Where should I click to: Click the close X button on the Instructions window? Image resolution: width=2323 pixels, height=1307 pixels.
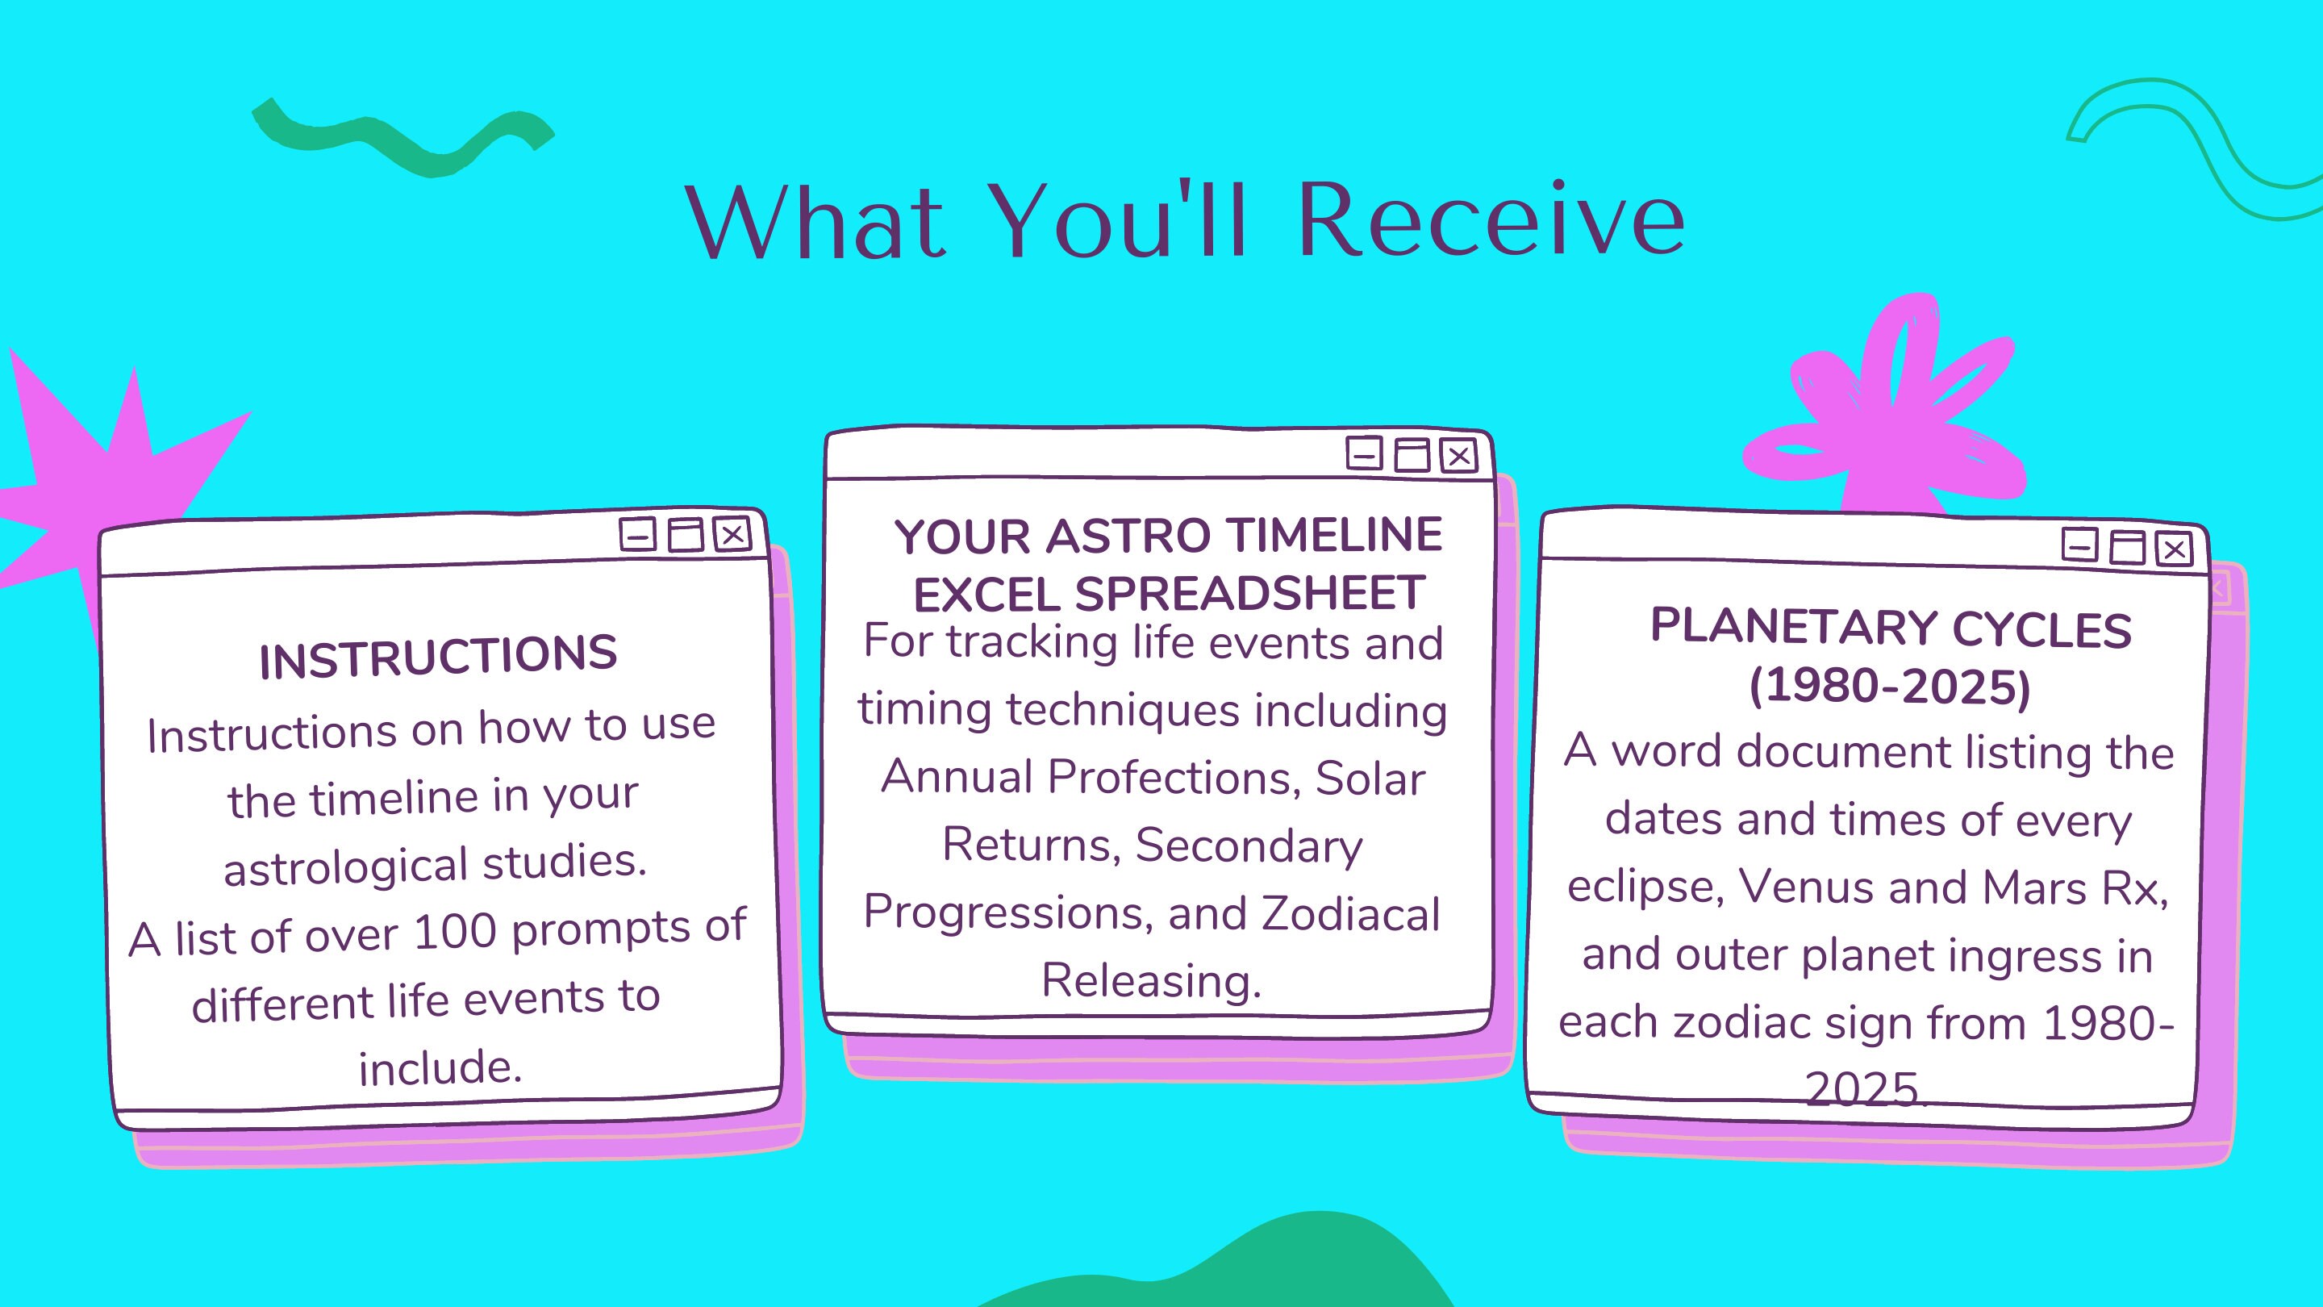click(x=732, y=534)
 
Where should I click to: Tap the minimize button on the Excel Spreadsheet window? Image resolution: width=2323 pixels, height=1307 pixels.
click(x=1363, y=453)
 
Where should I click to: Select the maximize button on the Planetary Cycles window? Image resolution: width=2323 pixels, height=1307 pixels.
click(x=2127, y=547)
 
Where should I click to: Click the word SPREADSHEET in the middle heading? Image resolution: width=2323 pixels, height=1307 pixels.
click(x=1249, y=595)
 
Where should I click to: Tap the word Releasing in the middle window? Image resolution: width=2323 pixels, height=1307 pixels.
click(x=1151, y=980)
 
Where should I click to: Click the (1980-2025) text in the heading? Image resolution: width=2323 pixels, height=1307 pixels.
click(x=1889, y=687)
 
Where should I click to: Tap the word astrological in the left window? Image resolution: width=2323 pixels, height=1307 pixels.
click(x=345, y=866)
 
